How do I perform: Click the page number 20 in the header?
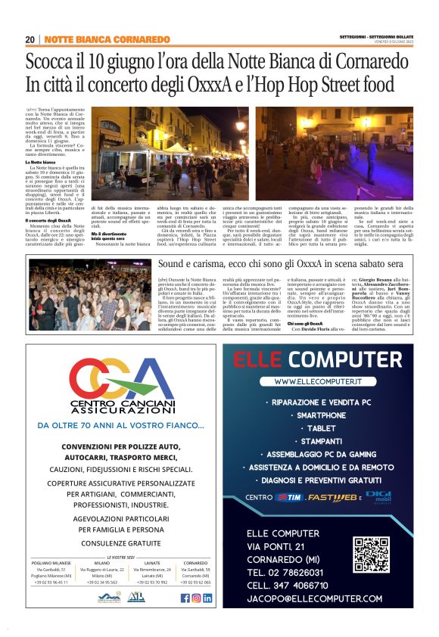pyautogui.click(x=30, y=39)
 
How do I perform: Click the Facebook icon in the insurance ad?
pyautogui.click(x=185, y=598)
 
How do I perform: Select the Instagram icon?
pyautogui.click(x=196, y=598)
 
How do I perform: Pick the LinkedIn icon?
pyautogui.click(x=207, y=598)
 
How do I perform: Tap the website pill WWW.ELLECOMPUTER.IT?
pyautogui.click(x=317, y=383)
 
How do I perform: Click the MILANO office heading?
pyautogui.click(x=101, y=563)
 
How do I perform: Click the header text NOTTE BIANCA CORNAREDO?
pyautogui.click(x=107, y=39)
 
